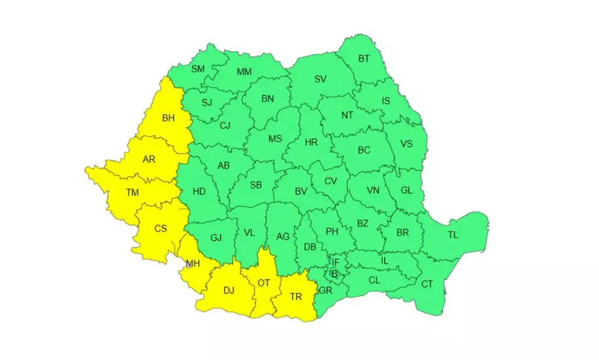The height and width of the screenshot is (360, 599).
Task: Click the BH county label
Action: click(168, 118)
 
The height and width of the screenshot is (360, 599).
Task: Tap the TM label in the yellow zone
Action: click(133, 193)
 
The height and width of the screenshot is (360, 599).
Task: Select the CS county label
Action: click(160, 229)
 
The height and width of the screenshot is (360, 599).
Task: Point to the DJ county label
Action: click(229, 290)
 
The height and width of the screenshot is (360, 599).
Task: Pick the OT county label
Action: click(264, 282)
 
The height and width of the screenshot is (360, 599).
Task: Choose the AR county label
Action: click(149, 160)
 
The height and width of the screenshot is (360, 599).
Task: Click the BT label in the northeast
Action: click(364, 59)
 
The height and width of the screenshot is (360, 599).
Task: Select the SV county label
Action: click(320, 78)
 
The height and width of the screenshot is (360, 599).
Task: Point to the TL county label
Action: click(452, 235)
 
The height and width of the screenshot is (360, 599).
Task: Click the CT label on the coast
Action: click(427, 284)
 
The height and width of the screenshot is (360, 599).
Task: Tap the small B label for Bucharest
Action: click(335, 273)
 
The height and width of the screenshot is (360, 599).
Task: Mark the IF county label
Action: click(336, 262)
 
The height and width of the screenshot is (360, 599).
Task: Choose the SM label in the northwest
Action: click(198, 69)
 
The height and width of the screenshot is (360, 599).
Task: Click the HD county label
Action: click(199, 191)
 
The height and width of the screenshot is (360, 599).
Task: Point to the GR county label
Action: click(326, 290)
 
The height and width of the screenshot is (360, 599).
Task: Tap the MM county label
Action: click(244, 72)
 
